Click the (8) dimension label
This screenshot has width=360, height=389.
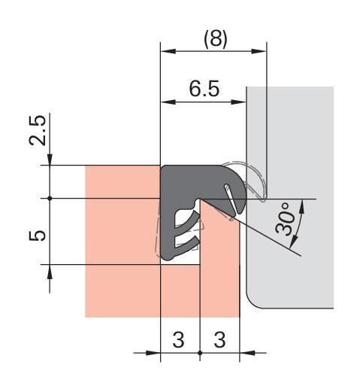pos(216,39)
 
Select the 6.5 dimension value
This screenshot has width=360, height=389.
pos(204,89)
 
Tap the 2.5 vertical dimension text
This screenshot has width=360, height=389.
pos(38,130)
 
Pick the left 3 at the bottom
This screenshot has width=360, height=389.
pos(179,339)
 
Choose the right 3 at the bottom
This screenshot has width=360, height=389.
pos(220,339)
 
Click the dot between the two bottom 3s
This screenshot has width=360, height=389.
pos(200,353)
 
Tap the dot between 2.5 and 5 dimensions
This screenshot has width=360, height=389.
pos(50,199)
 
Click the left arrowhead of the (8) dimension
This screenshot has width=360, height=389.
pos(168,51)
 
